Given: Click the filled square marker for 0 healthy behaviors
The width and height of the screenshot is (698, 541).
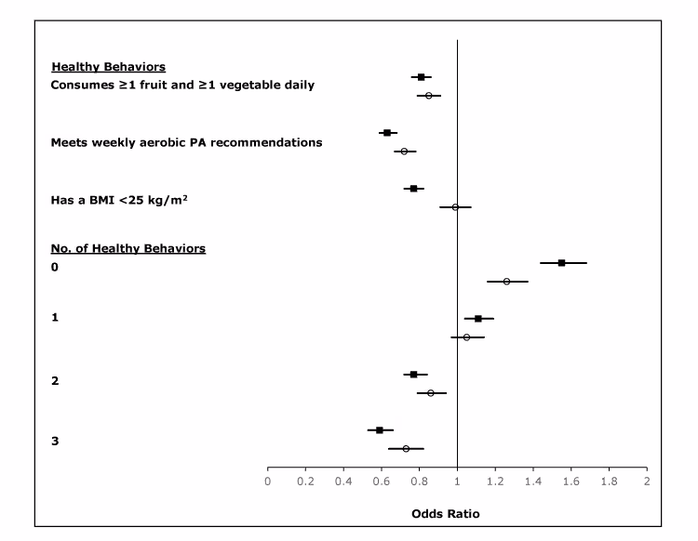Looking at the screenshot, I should pyautogui.click(x=561, y=263).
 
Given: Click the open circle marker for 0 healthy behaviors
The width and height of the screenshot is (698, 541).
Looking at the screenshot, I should pyautogui.click(x=506, y=282).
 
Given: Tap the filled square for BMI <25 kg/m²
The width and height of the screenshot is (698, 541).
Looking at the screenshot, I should pyautogui.click(x=414, y=189).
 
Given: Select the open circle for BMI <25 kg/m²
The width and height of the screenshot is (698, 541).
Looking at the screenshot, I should pyautogui.click(x=455, y=207).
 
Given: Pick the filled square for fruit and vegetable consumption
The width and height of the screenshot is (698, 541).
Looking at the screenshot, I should pyautogui.click(x=422, y=77).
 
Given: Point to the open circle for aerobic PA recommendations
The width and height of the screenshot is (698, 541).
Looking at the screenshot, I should pyautogui.click(x=404, y=152).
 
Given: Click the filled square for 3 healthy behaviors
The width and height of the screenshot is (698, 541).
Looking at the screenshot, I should pyautogui.click(x=380, y=430).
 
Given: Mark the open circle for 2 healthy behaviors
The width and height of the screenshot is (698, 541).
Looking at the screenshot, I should pyautogui.click(x=431, y=393).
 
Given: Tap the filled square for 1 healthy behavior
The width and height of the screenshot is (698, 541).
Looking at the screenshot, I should pyautogui.click(x=478, y=319).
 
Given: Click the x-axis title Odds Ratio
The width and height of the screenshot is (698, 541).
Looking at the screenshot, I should pyautogui.click(x=445, y=513).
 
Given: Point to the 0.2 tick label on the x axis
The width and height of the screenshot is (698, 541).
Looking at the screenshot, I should pyautogui.click(x=305, y=482).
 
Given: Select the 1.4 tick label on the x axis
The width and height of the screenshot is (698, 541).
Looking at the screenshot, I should pyautogui.click(x=532, y=482).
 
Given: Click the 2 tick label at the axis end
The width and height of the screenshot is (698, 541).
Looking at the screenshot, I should pyautogui.click(x=646, y=482).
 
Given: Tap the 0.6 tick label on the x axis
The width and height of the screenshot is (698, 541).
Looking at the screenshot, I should pyautogui.click(x=381, y=482).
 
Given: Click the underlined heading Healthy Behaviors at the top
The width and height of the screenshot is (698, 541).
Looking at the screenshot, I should pyautogui.click(x=109, y=67).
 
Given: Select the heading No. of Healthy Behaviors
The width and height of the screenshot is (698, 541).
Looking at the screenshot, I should pyautogui.click(x=128, y=248).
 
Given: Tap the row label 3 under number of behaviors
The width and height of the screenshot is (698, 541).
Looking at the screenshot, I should pyautogui.click(x=55, y=440).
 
